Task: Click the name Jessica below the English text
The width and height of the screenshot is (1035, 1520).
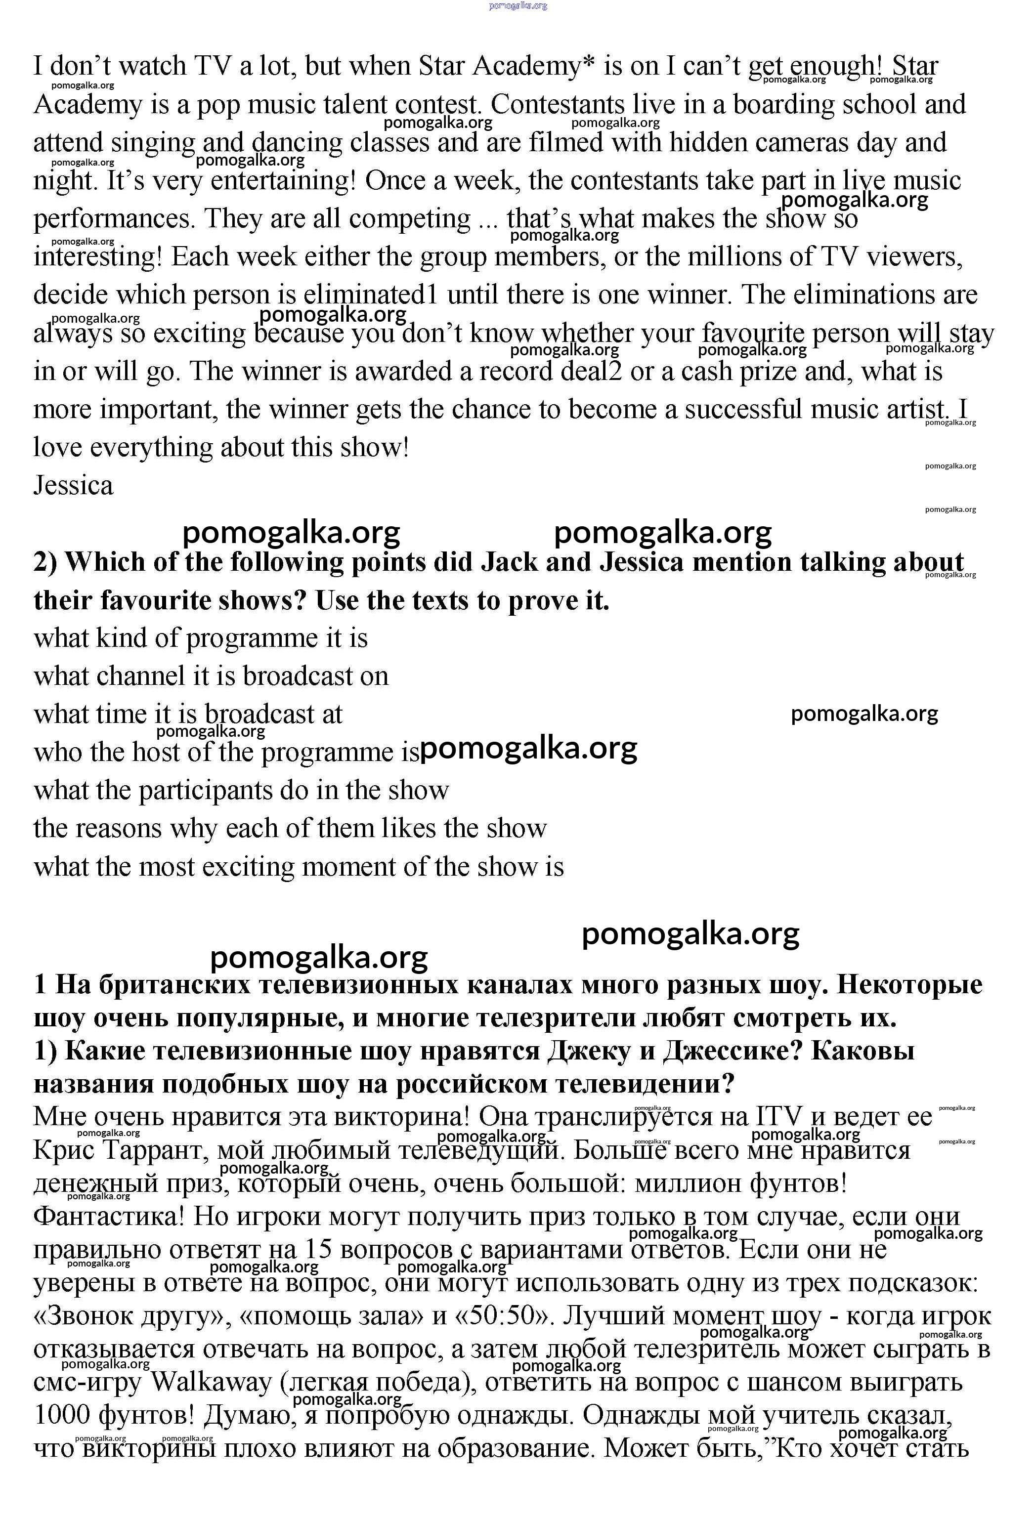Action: [73, 486]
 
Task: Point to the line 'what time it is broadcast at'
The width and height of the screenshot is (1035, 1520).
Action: [188, 714]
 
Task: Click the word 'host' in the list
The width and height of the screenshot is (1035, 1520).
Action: [156, 752]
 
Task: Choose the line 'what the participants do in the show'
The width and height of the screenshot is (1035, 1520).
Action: [241, 791]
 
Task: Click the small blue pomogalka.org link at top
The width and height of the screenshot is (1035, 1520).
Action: [517, 6]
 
